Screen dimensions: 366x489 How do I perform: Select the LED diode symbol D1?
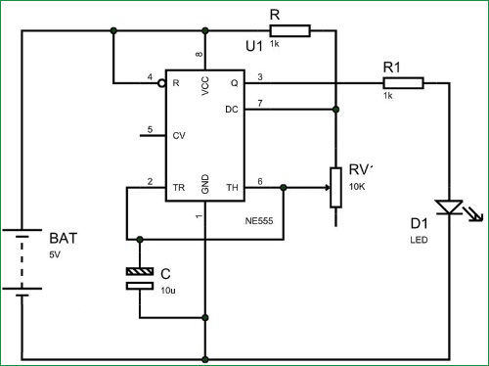(x=449, y=207)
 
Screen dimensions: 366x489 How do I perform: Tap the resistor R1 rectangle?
(x=403, y=84)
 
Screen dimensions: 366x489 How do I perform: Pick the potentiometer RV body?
(x=335, y=187)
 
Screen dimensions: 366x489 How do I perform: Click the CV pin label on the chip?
(x=178, y=136)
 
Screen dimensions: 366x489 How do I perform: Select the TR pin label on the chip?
(x=178, y=186)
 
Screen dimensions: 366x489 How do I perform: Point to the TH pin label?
(x=232, y=186)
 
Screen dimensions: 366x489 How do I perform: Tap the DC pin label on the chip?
(x=232, y=109)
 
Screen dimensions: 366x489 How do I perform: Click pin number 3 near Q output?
(x=259, y=76)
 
